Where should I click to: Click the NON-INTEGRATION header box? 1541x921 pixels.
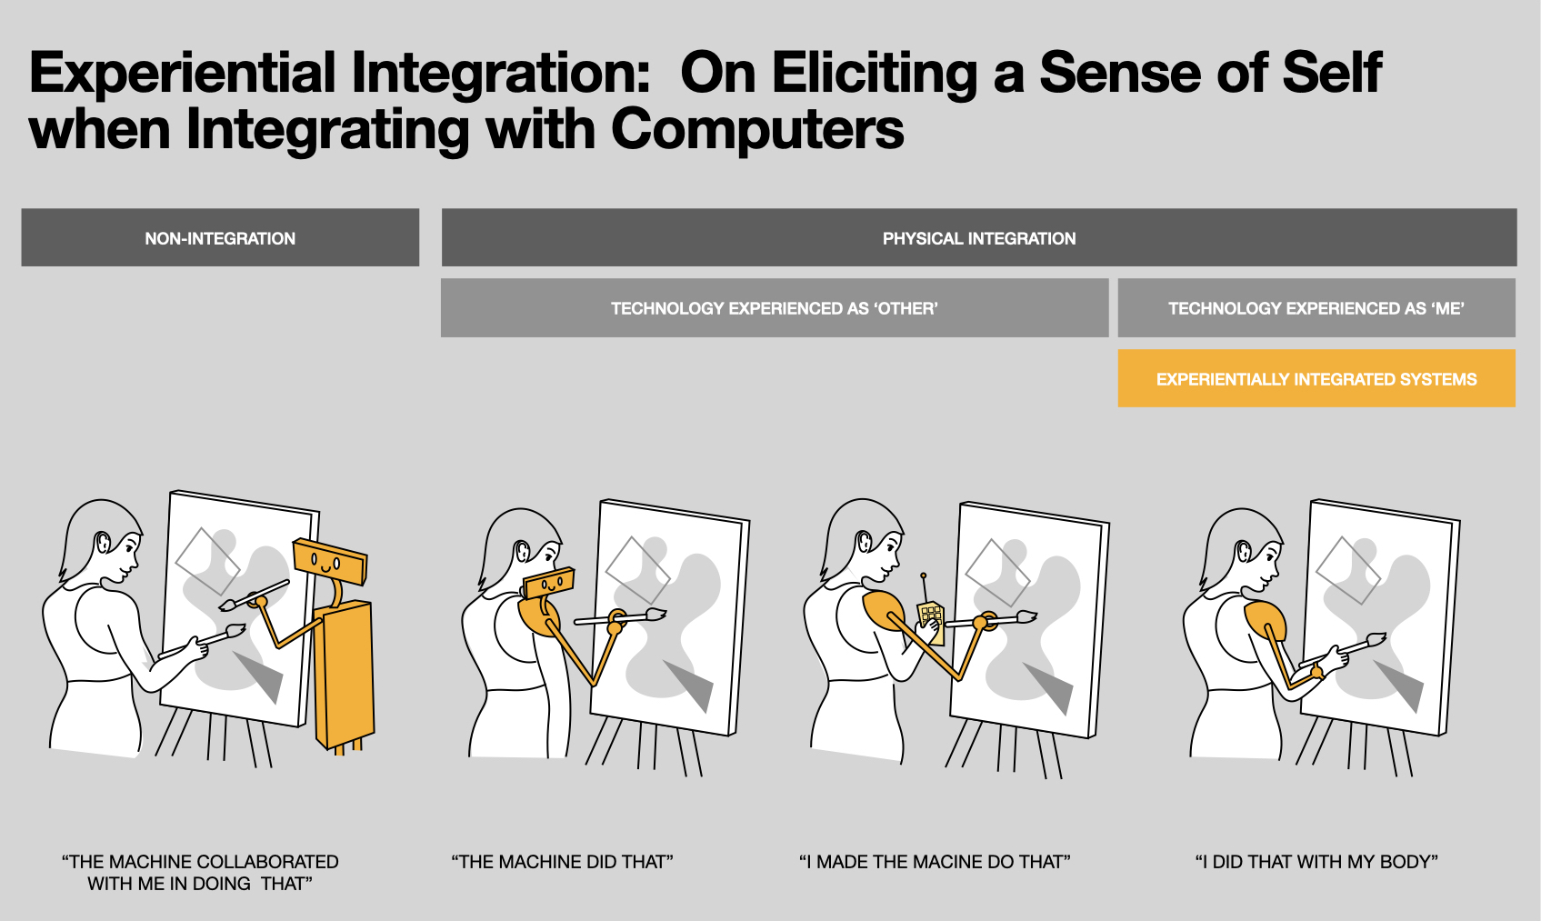[x=220, y=238]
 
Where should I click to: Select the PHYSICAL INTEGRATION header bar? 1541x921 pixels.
[x=978, y=238]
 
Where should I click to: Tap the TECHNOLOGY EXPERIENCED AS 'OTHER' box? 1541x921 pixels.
[x=774, y=308]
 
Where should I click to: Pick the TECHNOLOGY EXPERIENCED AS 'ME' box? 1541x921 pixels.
[x=1316, y=308]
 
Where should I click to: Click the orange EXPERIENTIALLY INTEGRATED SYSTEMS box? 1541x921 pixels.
[x=1316, y=379]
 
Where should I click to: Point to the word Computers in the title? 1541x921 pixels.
[x=757, y=130]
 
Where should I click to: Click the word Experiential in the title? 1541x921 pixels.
[x=183, y=73]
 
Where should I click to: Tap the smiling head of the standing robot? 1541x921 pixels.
[x=329, y=559]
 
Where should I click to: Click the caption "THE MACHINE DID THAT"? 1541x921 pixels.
[x=562, y=862]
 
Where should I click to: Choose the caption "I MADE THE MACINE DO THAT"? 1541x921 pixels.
[x=935, y=862]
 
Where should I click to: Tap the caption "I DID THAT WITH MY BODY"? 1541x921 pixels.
[x=1316, y=862]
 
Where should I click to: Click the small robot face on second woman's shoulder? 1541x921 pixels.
[x=548, y=583]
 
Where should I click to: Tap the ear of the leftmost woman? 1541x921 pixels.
[x=103, y=543]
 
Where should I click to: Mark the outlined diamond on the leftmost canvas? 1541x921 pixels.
[x=207, y=561]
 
